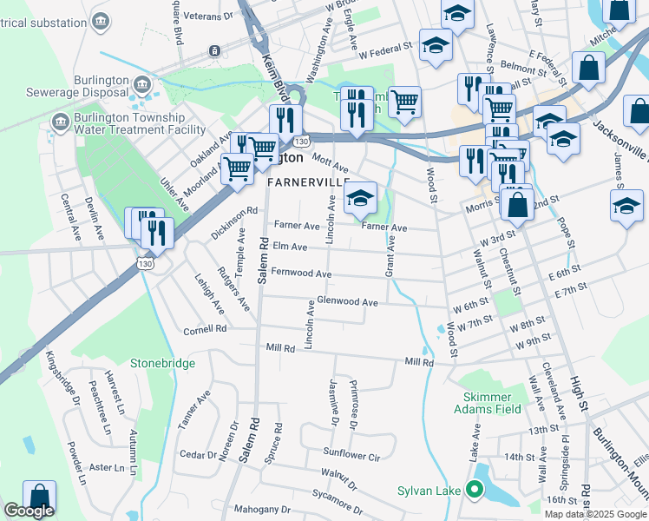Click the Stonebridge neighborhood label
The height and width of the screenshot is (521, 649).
point(163,363)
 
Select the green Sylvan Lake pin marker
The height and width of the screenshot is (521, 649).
point(474,491)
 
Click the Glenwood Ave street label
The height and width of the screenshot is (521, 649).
point(348,302)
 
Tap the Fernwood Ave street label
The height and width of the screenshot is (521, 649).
point(301,274)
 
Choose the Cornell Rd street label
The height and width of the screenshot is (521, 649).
point(205,330)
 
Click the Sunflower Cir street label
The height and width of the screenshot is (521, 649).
point(351,454)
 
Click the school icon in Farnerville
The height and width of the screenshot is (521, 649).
point(360,198)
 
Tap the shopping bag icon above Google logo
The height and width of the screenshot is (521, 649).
point(40,497)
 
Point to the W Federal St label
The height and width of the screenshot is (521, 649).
point(383,51)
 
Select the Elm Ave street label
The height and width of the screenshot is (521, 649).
point(290,247)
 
